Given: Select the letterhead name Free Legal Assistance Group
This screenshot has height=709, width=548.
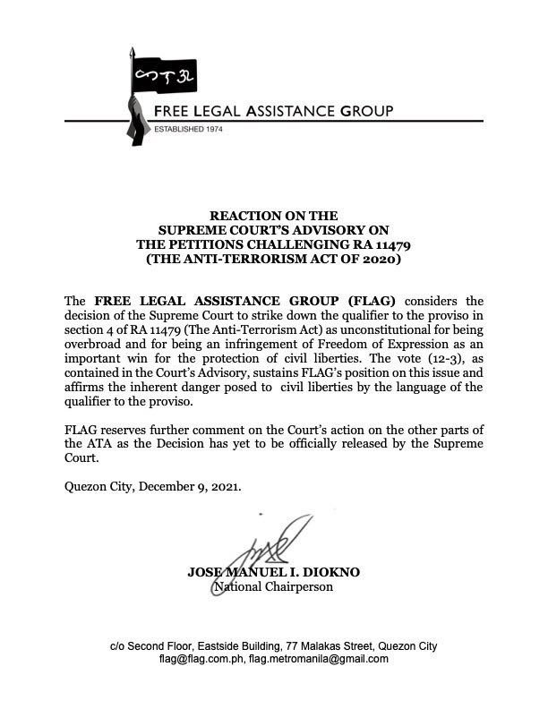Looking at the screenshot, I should point(274,111).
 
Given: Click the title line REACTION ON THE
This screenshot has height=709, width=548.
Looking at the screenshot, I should point(273,216).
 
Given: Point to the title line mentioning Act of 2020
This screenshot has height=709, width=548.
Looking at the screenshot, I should point(273,259).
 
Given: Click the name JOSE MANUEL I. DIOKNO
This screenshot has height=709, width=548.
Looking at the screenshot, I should point(273,573).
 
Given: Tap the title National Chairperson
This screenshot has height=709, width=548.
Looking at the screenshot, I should point(273,587).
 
